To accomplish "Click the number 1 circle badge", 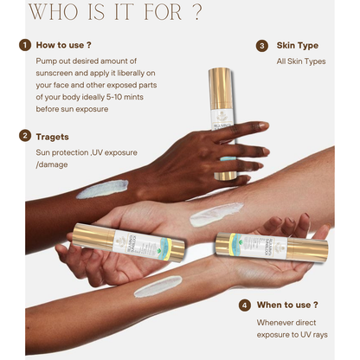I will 26,45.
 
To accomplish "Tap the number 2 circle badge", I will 26,136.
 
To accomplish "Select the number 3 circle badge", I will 261,45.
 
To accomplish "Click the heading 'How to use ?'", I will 65,45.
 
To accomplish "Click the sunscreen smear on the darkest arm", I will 101,189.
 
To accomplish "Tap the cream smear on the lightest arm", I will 216,212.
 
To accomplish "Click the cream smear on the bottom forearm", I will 157,286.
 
